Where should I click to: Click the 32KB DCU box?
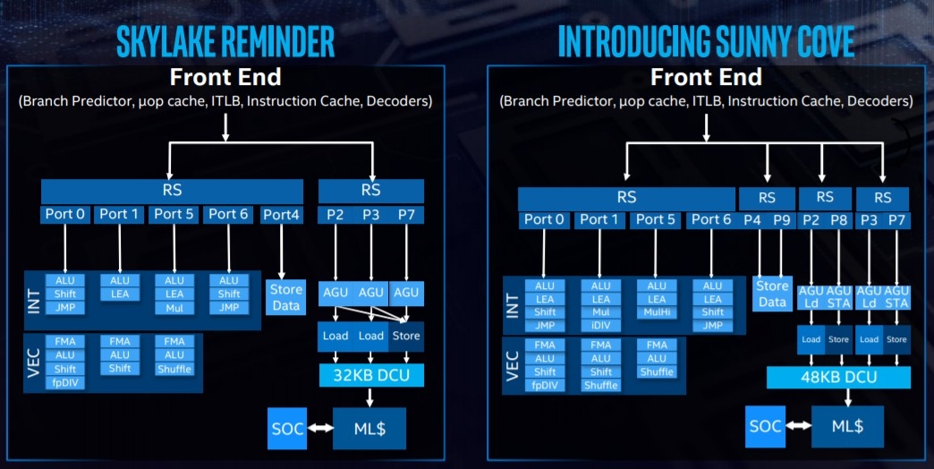tap(371, 375)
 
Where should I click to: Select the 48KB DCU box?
tap(838, 377)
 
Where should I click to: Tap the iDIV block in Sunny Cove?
tap(600, 326)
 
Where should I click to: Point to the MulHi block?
tap(657, 312)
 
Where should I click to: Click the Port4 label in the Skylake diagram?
tap(281, 215)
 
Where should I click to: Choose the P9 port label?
tap(782, 220)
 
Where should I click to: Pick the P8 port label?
tap(838, 220)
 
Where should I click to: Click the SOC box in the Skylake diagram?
tap(287, 429)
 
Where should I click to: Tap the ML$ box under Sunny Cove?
tap(847, 426)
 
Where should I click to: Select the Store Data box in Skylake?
tap(285, 297)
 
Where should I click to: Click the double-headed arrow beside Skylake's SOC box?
tap(320, 428)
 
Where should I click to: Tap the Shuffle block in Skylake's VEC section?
tap(174, 369)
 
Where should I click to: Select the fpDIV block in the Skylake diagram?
tap(65, 382)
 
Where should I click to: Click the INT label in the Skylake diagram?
tap(34, 301)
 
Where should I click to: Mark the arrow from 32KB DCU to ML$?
tap(370, 397)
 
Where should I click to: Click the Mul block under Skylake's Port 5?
tap(174, 308)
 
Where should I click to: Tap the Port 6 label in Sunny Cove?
tap(710, 220)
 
